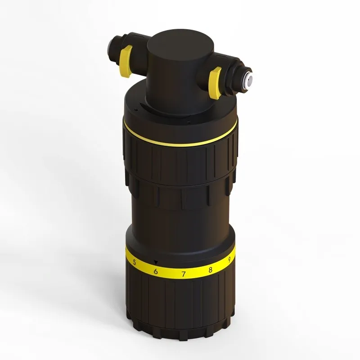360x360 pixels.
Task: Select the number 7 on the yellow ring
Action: [183, 273]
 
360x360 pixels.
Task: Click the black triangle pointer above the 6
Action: [156, 262]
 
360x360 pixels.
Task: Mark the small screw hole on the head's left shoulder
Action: [135, 108]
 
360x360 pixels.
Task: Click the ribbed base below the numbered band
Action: [180, 306]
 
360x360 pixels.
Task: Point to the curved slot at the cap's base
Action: [148, 106]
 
